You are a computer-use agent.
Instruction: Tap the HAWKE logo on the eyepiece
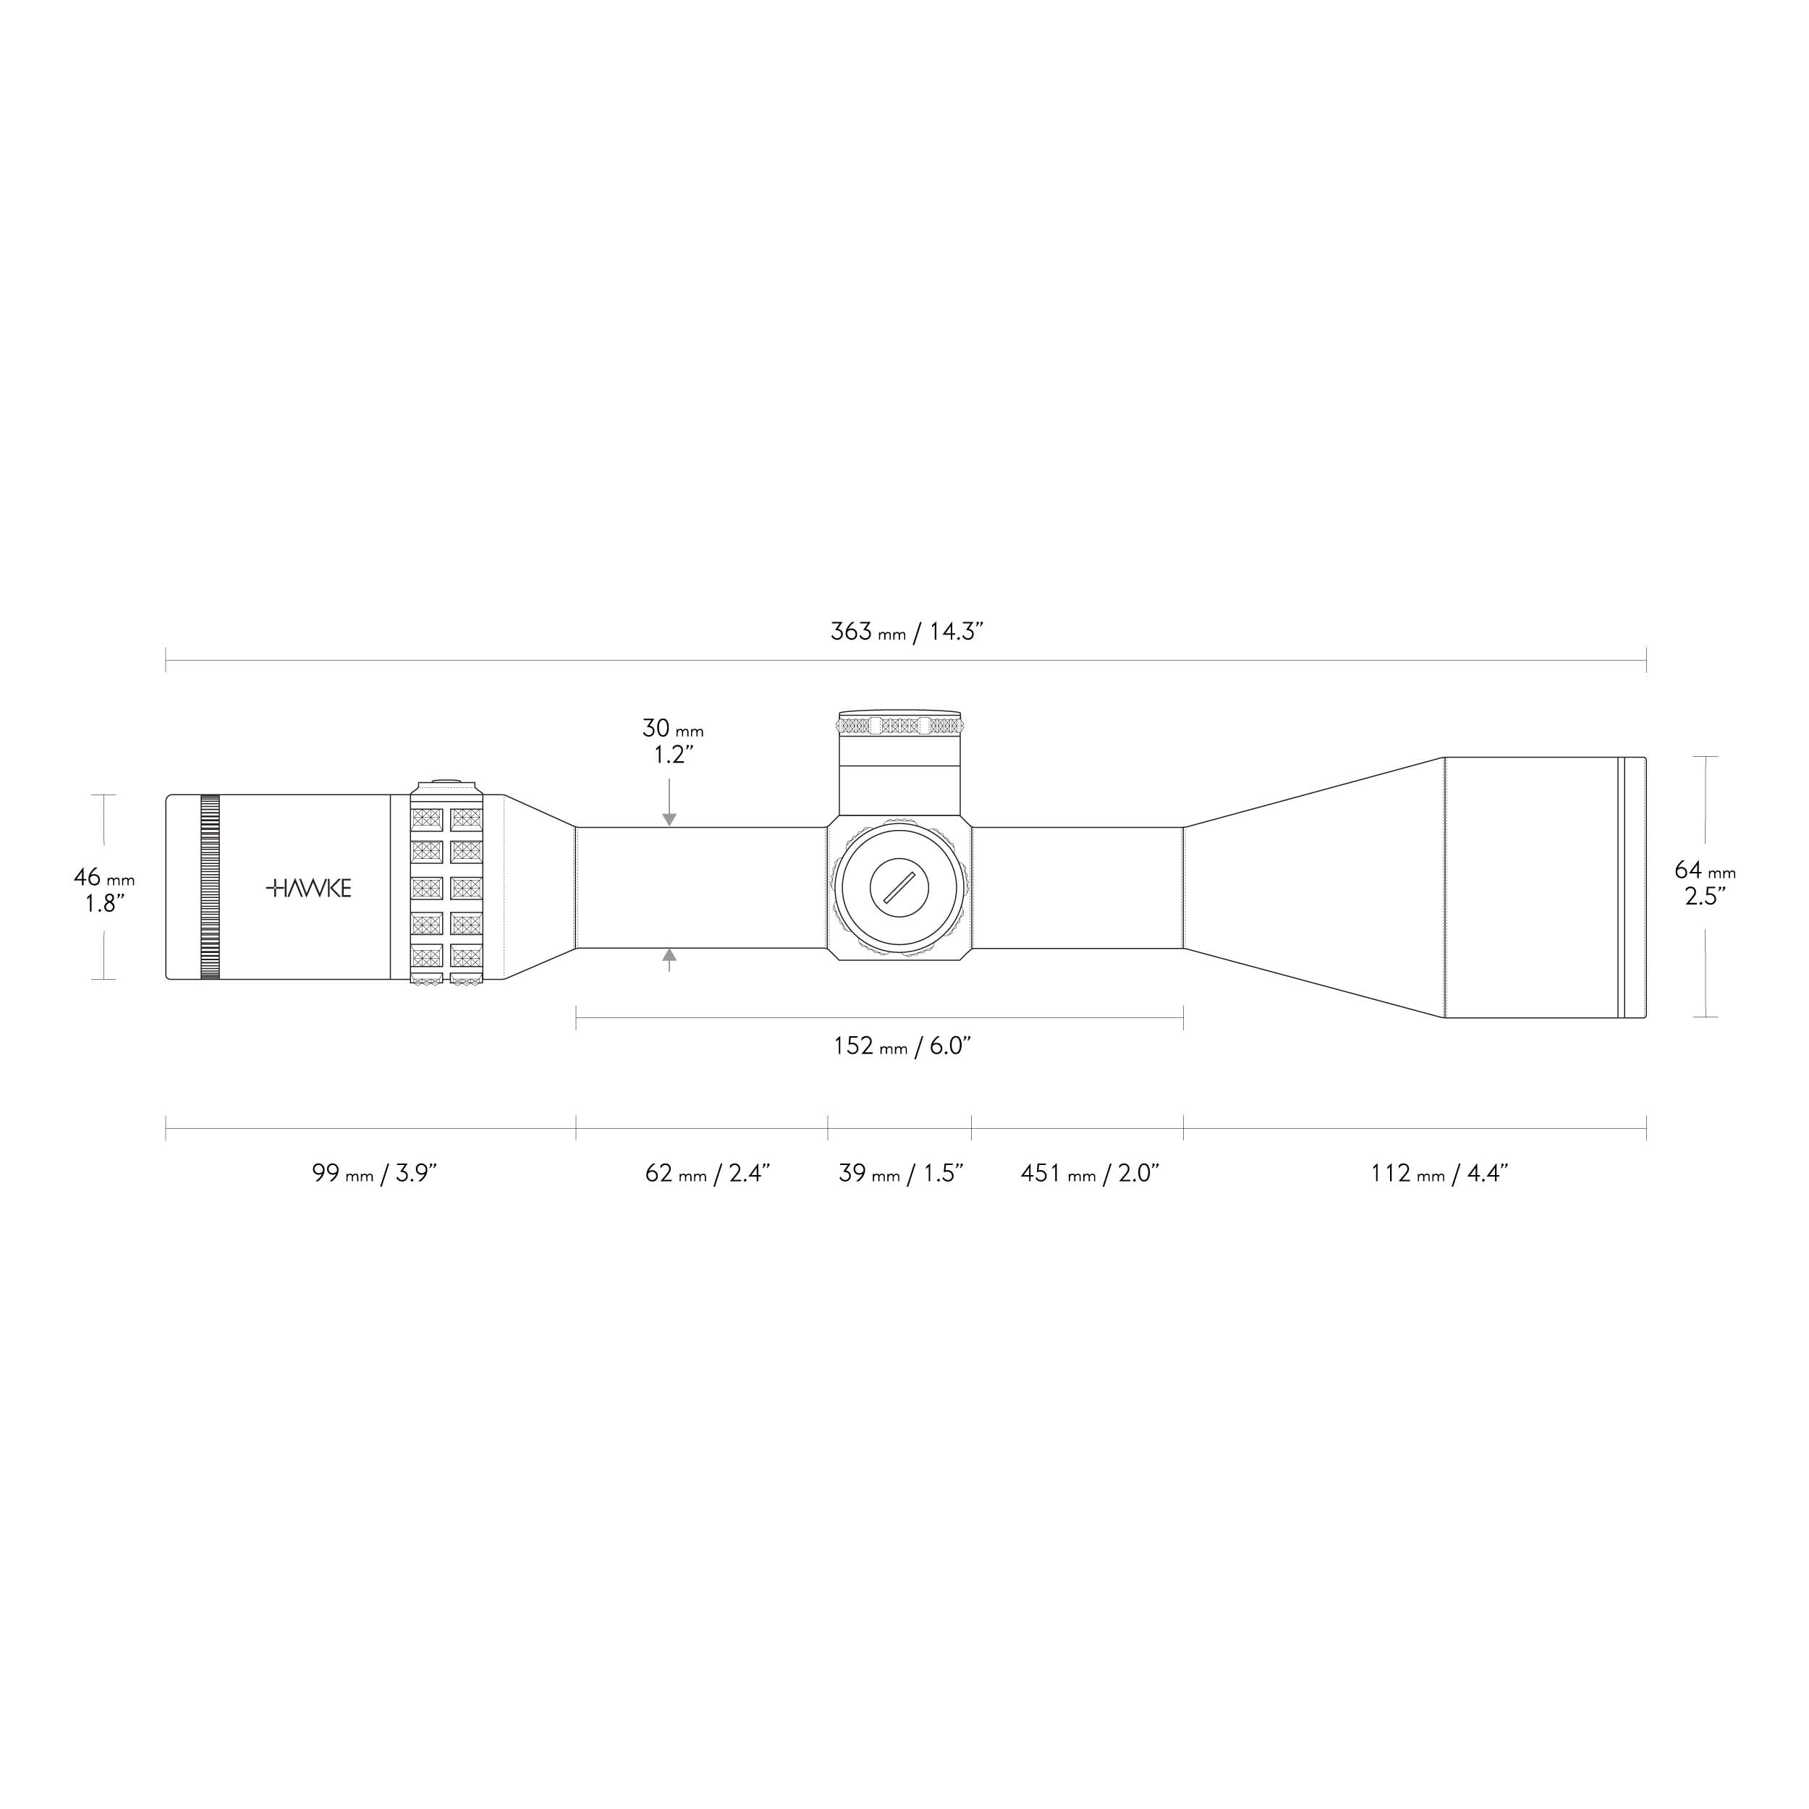pyautogui.click(x=309, y=889)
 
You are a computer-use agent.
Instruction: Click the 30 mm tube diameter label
pyautogui.click(x=672, y=729)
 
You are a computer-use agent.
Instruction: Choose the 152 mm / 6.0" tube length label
pyautogui.click(x=902, y=1046)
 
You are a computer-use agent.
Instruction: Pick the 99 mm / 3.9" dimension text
pyautogui.click(x=375, y=1173)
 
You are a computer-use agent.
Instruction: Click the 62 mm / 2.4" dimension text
pyautogui.click(x=707, y=1173)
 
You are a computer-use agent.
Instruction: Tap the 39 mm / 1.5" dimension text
pyautogui.click(x=901, y=1173)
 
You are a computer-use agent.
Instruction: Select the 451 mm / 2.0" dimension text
pyautogui.click(x=1090, y=1173)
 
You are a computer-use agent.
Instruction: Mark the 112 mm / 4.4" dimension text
pyautogui.click(x=1439, y=1173)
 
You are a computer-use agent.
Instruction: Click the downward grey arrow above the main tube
pyautogui.click(x=669, y=818)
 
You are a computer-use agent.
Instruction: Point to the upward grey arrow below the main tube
pyautogui.click(x=669, y=957)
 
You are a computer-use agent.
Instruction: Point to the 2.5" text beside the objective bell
pyautogui.click(x=1704, y=897)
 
